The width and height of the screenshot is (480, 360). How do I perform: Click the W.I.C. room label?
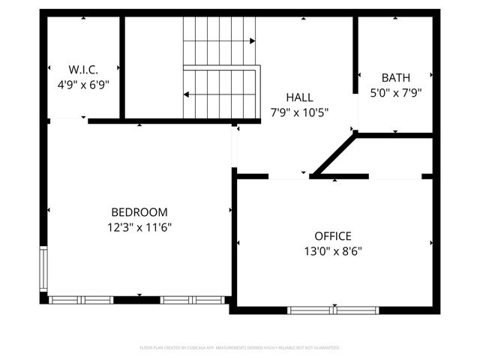click(x=83, y=70)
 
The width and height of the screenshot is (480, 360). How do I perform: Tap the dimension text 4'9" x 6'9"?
click(x=83, y=85)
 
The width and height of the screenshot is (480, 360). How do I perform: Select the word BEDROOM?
click(x=139, y=212)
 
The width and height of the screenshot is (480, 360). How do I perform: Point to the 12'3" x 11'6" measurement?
click(x=139, y=226)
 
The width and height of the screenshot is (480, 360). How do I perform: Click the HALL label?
click(x=299, y=97)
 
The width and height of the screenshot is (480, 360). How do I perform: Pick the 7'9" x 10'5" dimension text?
click(x=299, y=112)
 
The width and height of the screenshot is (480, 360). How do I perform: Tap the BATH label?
click(x=395, y=77)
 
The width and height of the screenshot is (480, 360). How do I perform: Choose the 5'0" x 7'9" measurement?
click(x=395, y=93)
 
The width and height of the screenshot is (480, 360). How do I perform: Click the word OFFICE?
click(x=333, y=236)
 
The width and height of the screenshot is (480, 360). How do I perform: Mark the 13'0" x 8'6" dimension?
click(x=333, y=251)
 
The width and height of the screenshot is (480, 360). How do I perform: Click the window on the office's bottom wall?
click(x=334, y=310)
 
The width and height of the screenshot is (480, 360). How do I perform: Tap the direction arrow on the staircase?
click(x=187, y=94)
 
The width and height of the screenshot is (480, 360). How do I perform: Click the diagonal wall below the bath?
click(x=334, y=154)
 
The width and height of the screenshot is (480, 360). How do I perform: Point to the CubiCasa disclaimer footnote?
click(x=240, y=348)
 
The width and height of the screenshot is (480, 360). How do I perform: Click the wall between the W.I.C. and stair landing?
click(x=121, y=67)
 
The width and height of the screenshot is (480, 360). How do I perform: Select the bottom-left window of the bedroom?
click(x=80, y=300)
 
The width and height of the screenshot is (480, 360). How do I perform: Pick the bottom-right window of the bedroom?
click(x=193, y=300)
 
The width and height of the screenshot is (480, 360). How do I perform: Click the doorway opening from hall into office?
click(x=289, y=177)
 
